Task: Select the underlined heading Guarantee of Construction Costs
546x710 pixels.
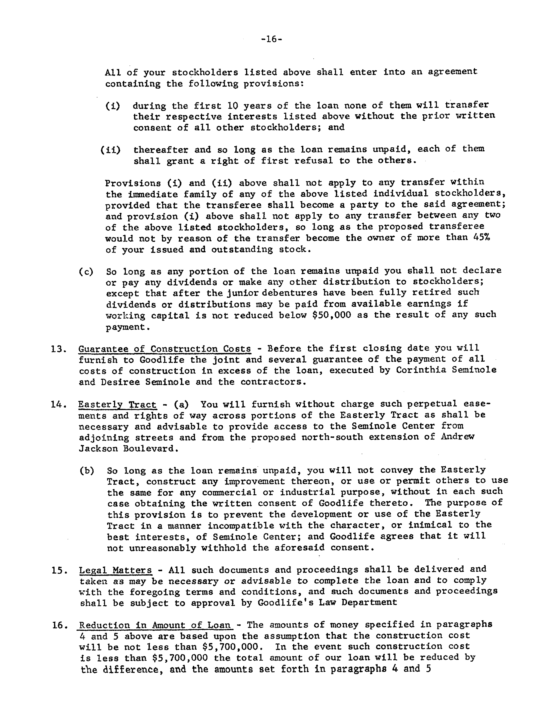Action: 165,349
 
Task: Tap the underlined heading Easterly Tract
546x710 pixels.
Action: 117,405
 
